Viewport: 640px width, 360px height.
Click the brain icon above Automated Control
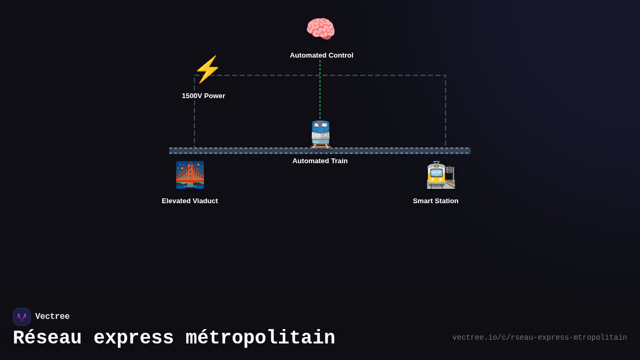pyautogui.click(x=321, y=29)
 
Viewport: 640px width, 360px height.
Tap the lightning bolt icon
pyautogui.click(x=207, y=69)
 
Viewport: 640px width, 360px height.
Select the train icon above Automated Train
pyautogui.click(x=321, y=134)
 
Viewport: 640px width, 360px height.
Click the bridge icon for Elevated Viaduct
pyautogui.click(x=190, y=175)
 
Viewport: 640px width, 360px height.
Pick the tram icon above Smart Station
pyautogui.click(x=441, y=175)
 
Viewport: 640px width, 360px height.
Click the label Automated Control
pyautogui.click(x=321, y=55)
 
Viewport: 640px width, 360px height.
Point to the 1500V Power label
pyautogui.click(x=203, y=96)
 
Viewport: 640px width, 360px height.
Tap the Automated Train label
pyautogui.click(x=320, y=161)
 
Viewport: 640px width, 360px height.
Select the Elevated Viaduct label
pyautogui.click(x=190, y=201)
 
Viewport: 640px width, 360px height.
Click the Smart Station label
pyautogui.click(x=435, y=201)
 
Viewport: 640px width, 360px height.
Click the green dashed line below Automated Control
pyautogui.click(x=320, y=91)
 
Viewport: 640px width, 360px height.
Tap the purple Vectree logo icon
pyautogui.click(x=22, y=317)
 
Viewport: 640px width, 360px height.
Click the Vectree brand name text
pyautogui.click(x=52, y=317)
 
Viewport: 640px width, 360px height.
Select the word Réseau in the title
pyautogui.click(x=47, y=338)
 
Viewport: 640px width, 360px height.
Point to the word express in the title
pyautogui.click(x=133, y=338)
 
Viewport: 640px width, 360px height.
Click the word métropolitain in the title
pyautogui.click(x=260, y=338)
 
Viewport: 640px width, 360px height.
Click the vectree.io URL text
pyautogui.click(x=539, y=338)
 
